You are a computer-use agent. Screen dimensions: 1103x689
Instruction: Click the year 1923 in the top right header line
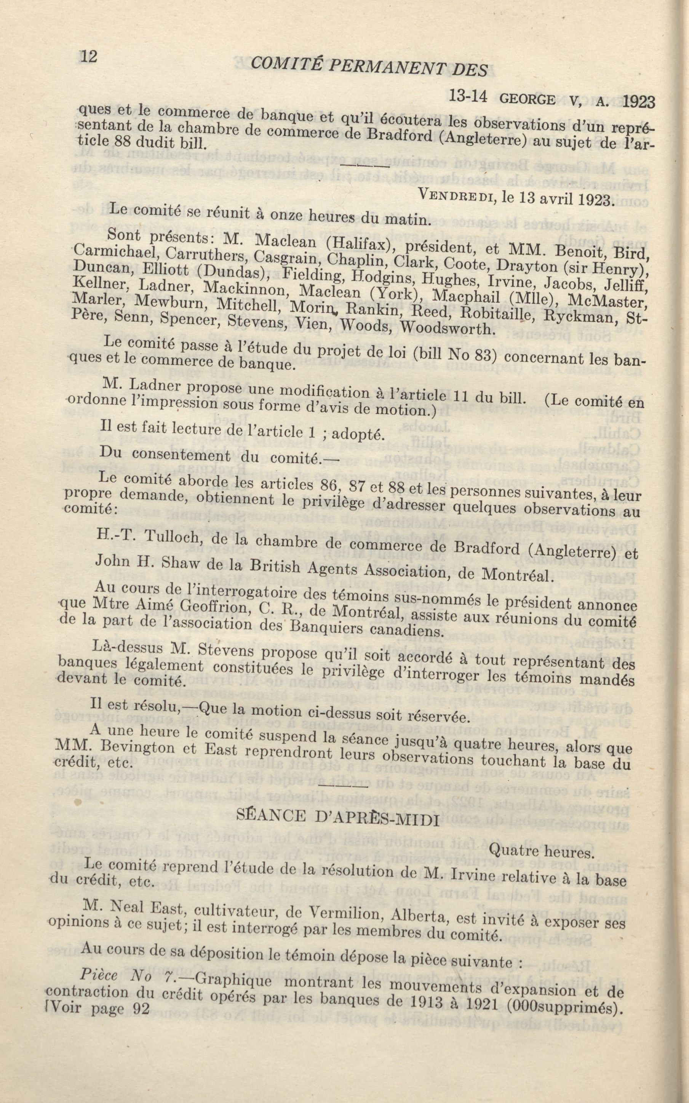638,102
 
